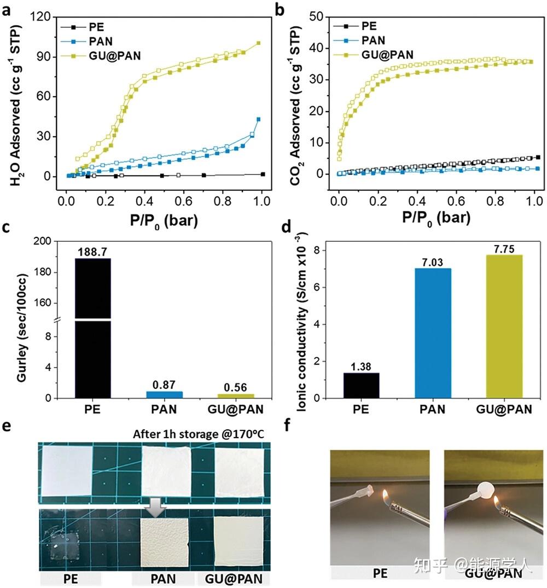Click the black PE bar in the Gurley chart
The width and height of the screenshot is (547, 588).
pyautogui.click(x=92, y=328)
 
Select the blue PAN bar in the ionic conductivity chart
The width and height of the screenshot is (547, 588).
pyautogui.click(x=433, y=333)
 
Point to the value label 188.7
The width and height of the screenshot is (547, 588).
pyautogui.click(x=92, y=251)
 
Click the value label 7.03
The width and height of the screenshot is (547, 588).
pyautogui.click(x=433, y=261)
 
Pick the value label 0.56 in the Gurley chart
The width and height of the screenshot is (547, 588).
pyautogui.click(x=236, y=387)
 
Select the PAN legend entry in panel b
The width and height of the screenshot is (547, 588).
pyautogui.click(x=373, y=40)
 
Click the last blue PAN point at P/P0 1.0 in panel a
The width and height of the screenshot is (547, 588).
pyautogui.click(x=258, y=119)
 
